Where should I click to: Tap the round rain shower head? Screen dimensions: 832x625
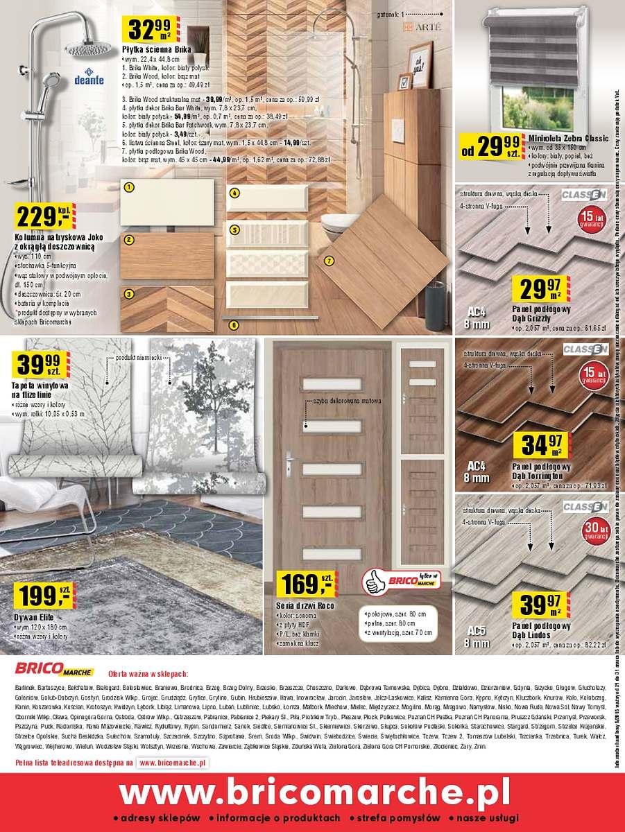pyautogui.click(x=87, y=46)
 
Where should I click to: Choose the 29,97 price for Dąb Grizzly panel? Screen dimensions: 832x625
pyautogui.click(x=540, y=286)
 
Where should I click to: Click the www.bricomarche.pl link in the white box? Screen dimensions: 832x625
pyautogui.click(x=173, y=763)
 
